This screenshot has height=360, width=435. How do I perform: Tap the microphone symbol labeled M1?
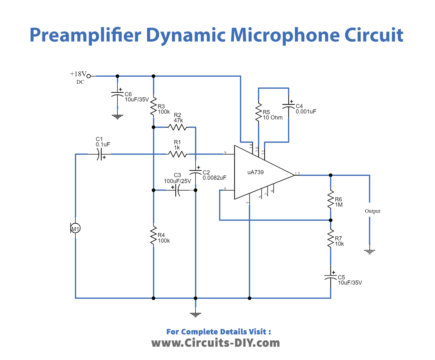(74, 228)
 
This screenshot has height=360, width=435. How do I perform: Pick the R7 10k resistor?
(329, 241)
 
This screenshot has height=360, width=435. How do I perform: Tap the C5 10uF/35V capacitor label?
(344, 280)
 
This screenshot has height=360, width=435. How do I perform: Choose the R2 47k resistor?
(176, 128)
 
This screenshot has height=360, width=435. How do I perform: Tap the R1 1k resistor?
(176, 153)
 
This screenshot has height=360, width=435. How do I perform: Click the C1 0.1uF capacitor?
(101, 155)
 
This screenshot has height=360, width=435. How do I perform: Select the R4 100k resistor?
(153, 237)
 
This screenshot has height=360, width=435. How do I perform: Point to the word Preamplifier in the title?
(87, 36)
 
